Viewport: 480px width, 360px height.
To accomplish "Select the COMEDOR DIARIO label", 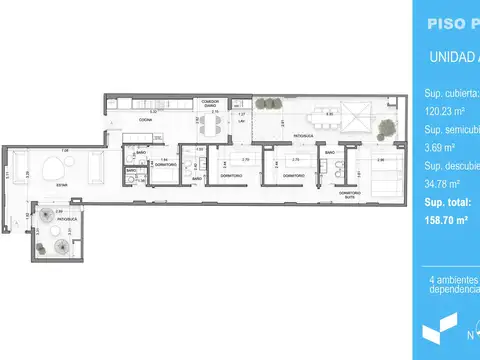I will coord(210,102).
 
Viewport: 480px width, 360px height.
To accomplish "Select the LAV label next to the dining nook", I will coord(241,122).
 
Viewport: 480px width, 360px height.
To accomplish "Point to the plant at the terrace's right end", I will coord(385,127).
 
